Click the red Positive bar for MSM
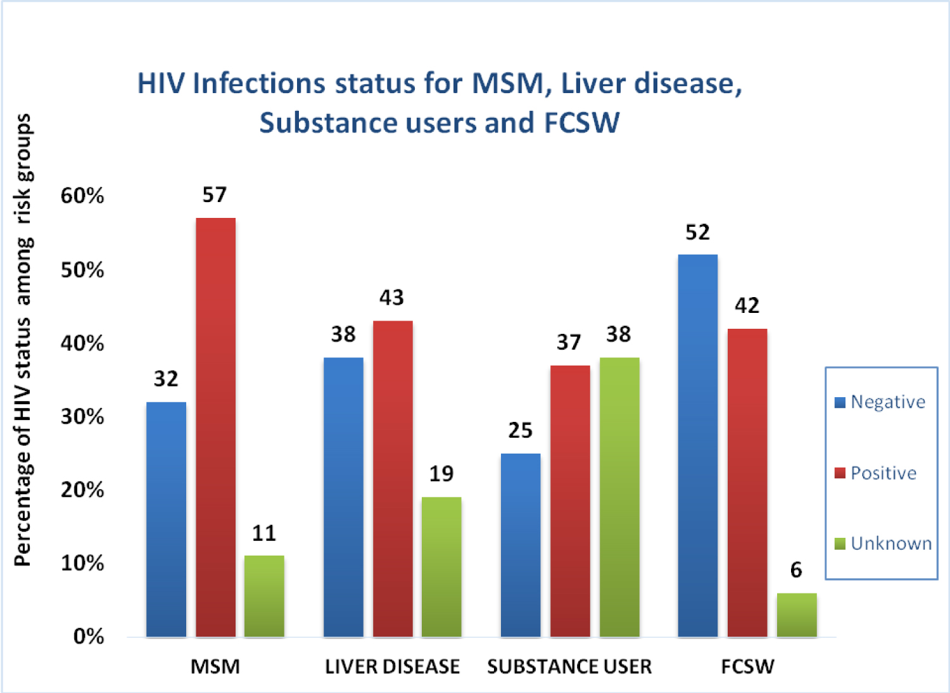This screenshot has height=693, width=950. pos(215,428)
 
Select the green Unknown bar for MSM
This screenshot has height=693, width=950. pos(264,596)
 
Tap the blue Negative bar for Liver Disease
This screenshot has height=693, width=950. pos(343,497)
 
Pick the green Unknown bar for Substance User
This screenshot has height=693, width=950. pos(619,497)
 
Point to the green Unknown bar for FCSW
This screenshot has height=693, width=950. pos(797,614)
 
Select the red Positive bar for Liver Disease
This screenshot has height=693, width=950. pos(393,479)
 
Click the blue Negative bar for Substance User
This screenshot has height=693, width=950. pos(521,545)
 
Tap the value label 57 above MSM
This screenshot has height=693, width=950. pos(215,194)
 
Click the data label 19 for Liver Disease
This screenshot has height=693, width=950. pos(441,474)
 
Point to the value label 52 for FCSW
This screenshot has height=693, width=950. pos(697,232)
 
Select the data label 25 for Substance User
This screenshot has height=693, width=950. pos(521,431)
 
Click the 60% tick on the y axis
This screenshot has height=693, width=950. pos(82,196)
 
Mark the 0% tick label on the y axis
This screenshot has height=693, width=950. pos(89,636)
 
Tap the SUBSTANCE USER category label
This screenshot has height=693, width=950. pos(569,667)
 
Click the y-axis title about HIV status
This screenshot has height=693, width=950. pos(23,340)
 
